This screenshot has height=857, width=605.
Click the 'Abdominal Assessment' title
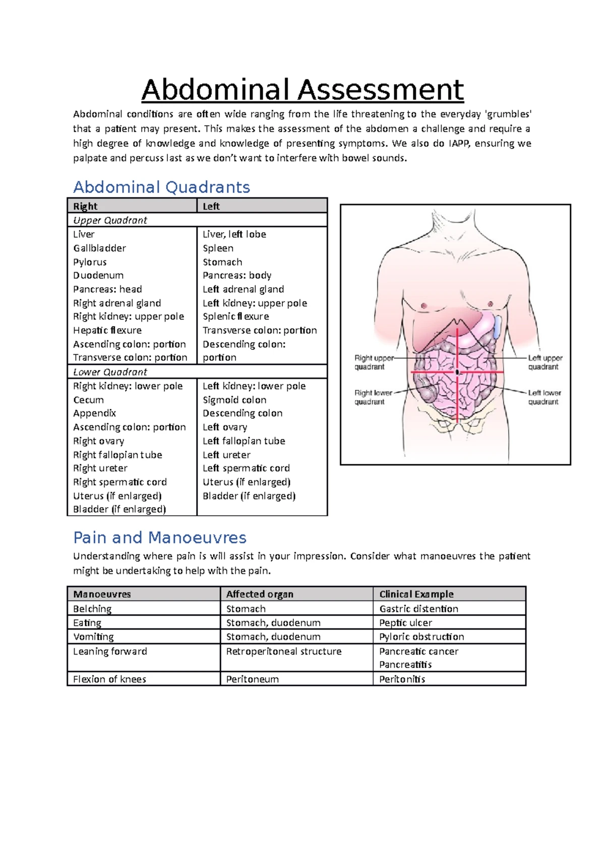point(302,90)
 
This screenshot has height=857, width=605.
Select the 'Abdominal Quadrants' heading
point(161,187)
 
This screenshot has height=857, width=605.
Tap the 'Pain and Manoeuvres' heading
point(160,538)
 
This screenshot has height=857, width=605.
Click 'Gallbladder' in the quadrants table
point(99,248)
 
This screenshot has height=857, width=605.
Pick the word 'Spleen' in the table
point(218,248)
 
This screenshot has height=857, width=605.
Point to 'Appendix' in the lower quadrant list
point(94,413)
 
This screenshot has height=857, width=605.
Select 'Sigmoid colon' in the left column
point(234,400)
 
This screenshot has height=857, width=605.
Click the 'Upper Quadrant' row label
point(110,220)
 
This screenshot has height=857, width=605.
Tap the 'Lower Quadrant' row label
point(110,372)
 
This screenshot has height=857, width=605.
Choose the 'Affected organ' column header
point(260,594)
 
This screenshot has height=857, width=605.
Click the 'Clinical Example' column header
point(416,594)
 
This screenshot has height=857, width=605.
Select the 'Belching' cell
point(92,609)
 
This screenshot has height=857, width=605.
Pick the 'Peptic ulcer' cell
point(405,623)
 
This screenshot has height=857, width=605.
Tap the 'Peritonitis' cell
point(402,679)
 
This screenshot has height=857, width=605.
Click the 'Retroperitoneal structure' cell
point(284,651)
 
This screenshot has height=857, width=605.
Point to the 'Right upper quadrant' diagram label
point(374,362)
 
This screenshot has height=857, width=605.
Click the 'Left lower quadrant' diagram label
point(544,397)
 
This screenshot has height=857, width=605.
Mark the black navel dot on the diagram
point(457,372)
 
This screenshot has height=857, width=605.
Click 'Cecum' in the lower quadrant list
point(88,400)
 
